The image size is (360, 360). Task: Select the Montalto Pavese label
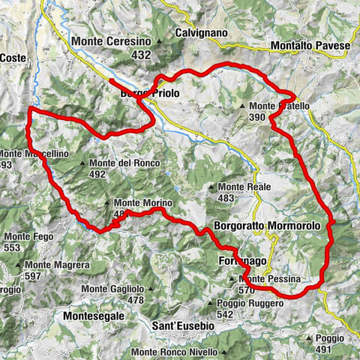pyautogui.click(x=311, y=46)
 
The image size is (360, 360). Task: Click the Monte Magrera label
pyautogui.click(x=56, y=265)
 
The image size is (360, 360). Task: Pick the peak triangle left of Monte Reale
pyautogui.click(x=212, y=186)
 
